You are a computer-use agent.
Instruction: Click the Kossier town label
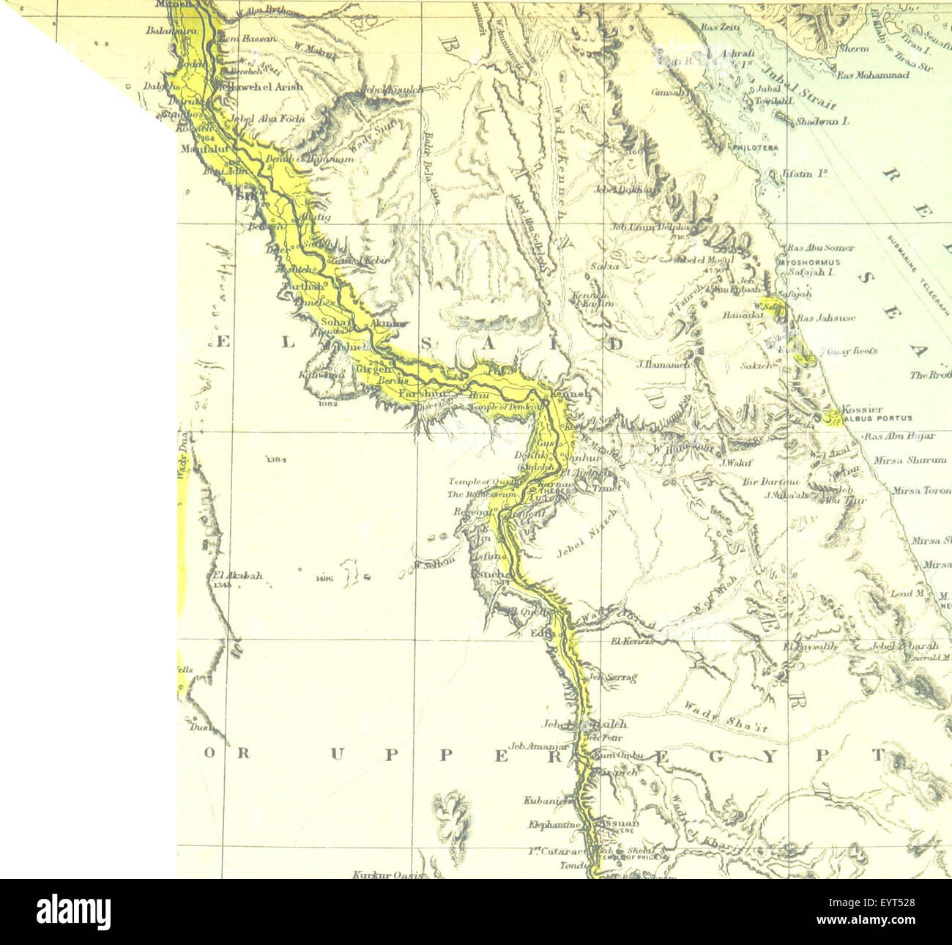tap(862, 409)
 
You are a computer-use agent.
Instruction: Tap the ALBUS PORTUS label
tap(877, 418)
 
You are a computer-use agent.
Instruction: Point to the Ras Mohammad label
tap(873, 75)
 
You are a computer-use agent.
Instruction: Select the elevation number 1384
tap(276, 459)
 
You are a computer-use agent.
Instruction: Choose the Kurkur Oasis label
tap(380, 874)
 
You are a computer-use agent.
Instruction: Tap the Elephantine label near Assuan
tap(554, 825)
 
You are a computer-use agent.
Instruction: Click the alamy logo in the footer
tap(73, 912)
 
